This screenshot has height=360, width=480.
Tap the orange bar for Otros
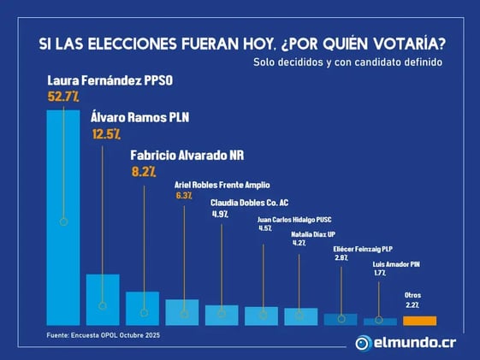click(x=419, y=321)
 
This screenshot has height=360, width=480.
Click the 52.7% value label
click(x=62, y=97)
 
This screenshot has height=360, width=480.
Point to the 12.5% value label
click(x=106, y=133)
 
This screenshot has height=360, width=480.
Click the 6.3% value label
click(x=184, y=196)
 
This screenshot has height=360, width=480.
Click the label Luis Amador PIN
click(x=396, y=263)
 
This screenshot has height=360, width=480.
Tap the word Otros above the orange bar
click(x=412, y=295)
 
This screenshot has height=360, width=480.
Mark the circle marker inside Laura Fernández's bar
click(x=63, y=221)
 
